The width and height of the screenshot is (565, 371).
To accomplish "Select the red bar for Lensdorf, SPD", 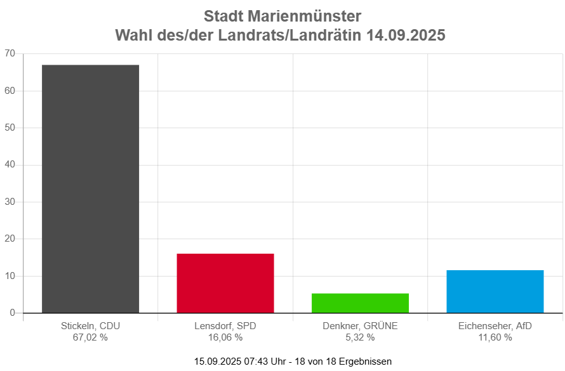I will click(x=225, y=283).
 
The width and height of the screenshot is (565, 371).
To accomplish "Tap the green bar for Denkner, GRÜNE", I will click(x=360, y=303).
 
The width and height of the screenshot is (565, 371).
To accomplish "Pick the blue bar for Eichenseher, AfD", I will click(x=495, y=291).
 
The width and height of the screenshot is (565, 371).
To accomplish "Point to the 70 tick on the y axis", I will click(x=10, y=53).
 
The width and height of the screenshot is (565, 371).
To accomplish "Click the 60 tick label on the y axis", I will click(x=10, y=91).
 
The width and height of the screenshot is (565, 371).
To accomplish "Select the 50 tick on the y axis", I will click(x=10, y=127).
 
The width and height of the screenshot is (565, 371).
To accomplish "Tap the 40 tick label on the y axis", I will click(x=10, y=164).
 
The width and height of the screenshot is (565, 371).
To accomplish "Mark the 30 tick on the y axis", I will click(x=10, y=202).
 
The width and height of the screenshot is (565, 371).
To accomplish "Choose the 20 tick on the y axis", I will click(x=10, y=238).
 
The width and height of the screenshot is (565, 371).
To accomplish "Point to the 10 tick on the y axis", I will click(x=10, y=276).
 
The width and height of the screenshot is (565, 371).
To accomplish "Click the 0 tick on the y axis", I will click(x=12, y=313).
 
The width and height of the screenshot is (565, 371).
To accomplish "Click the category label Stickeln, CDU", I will click(x=91, y=326).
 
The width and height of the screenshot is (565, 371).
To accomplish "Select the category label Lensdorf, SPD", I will click(x=225, y=326).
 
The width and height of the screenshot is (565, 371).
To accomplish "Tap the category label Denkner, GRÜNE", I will click(x=360, y=326).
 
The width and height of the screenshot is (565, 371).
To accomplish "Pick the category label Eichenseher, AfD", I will click(x=495, y=326).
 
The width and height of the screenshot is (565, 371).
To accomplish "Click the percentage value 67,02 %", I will click(x=91, y=337).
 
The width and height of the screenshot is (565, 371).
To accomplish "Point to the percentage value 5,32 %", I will click(x=360, y=337).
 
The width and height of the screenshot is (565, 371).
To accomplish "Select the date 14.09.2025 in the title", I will click(x=406, y=36).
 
